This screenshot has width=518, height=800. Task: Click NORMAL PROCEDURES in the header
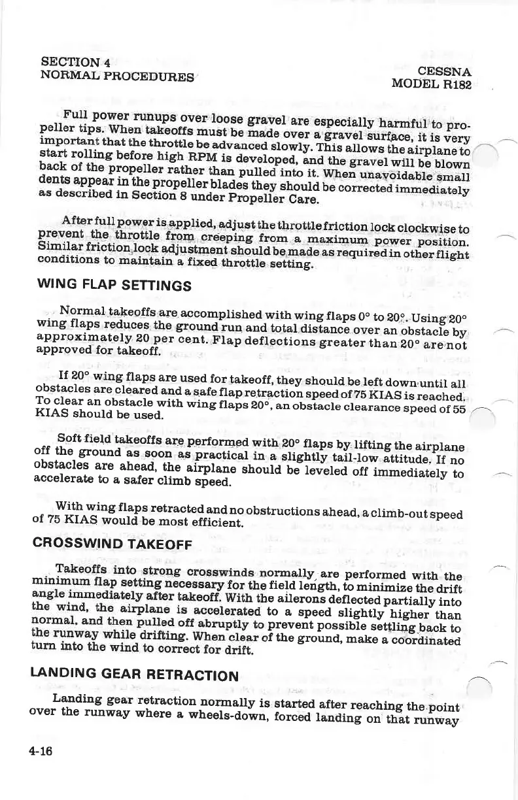pyautogui.click(x=117, y=75)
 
